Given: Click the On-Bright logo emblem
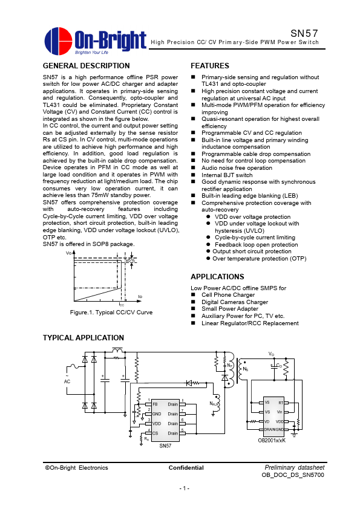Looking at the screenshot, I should tap(57, 40).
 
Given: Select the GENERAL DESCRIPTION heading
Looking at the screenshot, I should tap(86, 66).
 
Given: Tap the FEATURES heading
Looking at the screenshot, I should tap(209, 66).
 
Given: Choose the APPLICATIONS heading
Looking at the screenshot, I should tap(217, 277).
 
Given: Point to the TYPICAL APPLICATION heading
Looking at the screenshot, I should tap(83, 338).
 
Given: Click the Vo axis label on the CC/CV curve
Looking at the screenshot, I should tap(68, 253).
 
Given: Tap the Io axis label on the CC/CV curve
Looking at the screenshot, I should tap(140, 296).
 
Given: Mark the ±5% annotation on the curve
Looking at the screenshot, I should tap(130, 260).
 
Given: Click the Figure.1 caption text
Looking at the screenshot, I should tap(111, 313).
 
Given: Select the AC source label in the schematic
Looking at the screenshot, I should tap(67, 381).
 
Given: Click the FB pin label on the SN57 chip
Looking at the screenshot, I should tap(155, 403).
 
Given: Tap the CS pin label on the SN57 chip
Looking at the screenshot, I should tap(155, 433).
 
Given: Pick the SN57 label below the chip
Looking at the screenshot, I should tap(165, 445).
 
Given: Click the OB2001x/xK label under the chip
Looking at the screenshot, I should tap(272, 441).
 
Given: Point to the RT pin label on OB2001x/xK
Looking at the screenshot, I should tap(281, 403).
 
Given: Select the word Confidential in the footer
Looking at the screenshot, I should tap(186, 468).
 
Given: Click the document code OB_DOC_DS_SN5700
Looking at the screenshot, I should tap(293, 475).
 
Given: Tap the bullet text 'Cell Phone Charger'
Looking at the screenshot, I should tap(228, 295).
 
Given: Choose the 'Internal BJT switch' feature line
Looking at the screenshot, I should tap(227, 175).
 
